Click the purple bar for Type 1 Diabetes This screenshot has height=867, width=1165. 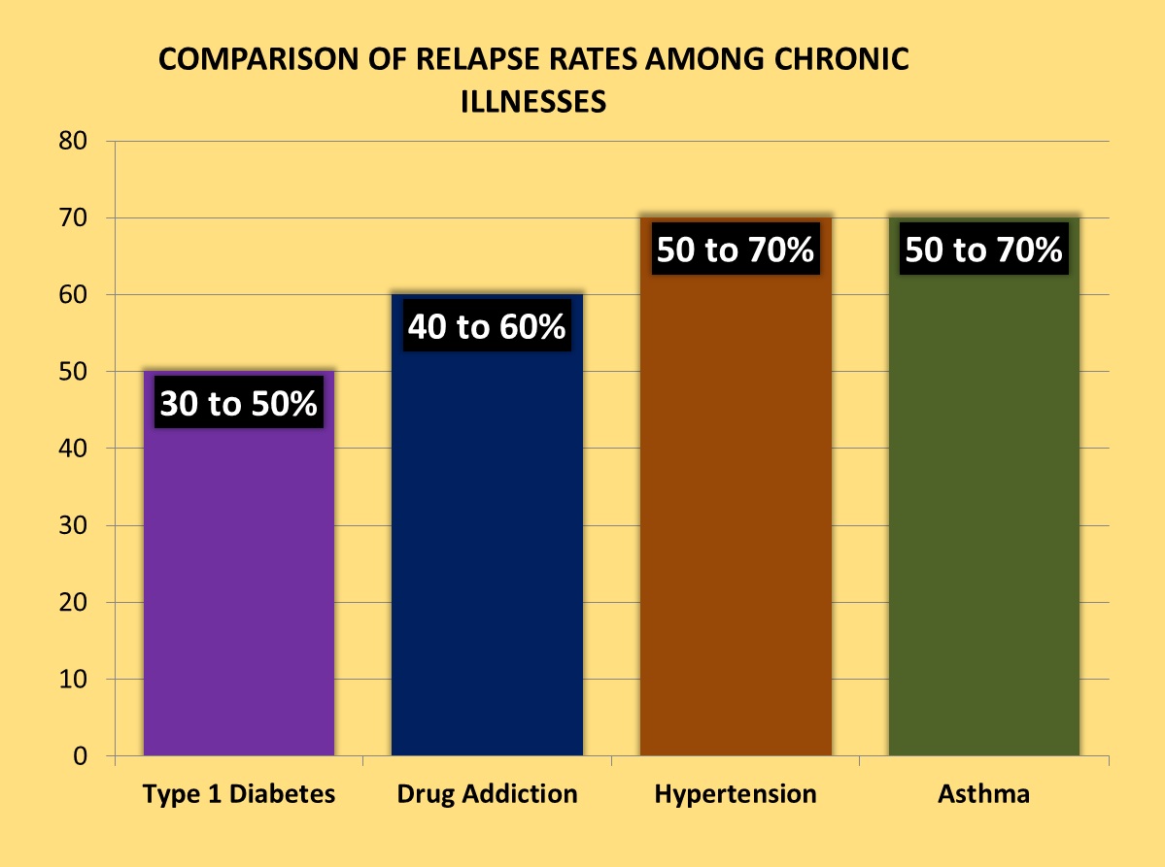tap(238, 583)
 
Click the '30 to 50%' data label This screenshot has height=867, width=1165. tap(238, 404)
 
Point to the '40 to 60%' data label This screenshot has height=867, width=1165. tap(487, 327)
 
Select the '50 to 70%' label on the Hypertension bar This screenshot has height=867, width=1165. tap(736, 250)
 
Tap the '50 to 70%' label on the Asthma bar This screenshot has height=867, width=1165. tap(983, 250)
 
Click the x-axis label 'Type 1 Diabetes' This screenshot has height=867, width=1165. tap(239, 794)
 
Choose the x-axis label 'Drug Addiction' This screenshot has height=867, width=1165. tap(487, 794)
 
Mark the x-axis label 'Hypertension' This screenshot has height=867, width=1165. tap(736, 794)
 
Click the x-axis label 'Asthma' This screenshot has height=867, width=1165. tap(983, 794)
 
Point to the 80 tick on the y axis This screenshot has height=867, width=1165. tap(74, 141)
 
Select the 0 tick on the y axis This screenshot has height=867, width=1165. tap(82, 756)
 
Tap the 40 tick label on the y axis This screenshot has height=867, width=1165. tap(74, 449)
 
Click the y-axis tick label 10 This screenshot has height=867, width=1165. tap(74, 680)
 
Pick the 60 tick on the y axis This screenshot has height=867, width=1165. tap(74, 294)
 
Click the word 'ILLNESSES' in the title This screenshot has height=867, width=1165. tap(533, 101)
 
